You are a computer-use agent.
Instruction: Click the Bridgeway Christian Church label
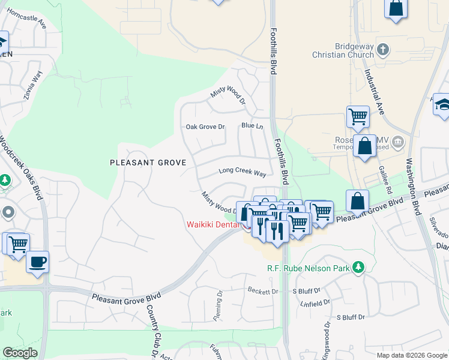[343, 50]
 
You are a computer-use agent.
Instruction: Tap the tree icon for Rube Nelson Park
[358, 267]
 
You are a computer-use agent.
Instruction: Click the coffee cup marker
[37, 262]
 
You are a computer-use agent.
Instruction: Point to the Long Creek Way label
[242, 172]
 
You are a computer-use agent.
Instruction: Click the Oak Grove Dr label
[205, 127]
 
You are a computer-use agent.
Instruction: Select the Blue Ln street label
[252, 126]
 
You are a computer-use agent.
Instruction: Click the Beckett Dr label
[263, 291]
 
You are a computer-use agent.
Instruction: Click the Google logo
[20, 353]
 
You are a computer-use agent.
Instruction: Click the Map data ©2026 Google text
[411, 355]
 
